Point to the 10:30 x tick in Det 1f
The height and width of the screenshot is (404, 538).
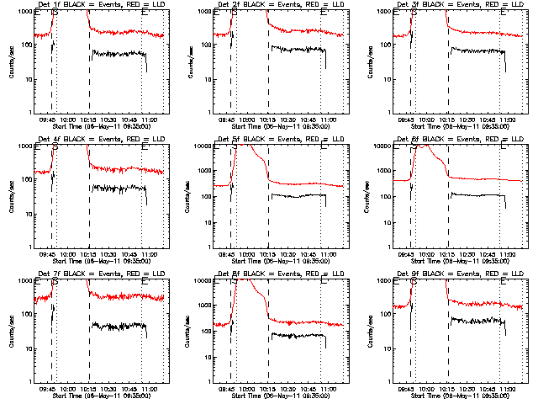(x=108, y=120)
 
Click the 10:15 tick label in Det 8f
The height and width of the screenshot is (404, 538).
(x=268, y=389)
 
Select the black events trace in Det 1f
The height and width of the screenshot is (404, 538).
(x=118, y=53)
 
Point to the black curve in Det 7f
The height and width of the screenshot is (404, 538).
(x=118, y=325)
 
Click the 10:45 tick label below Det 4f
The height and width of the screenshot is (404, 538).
(x=129, y=254)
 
